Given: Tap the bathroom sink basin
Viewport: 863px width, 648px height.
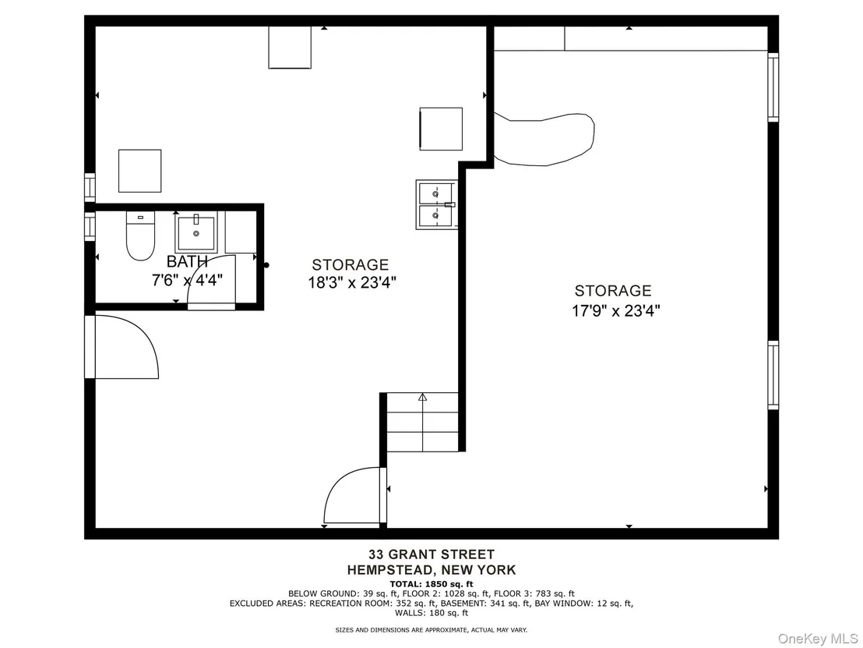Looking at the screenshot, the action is coord(196,234).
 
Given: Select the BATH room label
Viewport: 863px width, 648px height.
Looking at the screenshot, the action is coord(187,261).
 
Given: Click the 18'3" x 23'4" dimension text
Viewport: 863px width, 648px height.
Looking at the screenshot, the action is coord(352,283).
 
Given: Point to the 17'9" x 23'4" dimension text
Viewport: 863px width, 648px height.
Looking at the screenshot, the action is coord(615,311).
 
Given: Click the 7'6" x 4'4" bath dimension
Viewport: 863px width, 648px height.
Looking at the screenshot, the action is coord(187,281).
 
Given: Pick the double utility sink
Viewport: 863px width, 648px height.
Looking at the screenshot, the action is coord(436,204).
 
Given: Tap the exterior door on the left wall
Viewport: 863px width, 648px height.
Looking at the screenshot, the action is coord(122,346).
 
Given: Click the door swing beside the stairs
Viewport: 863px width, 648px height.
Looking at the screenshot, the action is coord(352,496).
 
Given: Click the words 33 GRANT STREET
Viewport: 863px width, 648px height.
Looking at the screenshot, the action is coord(431,554).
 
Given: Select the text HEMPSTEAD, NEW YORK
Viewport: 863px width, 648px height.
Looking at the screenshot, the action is coord(431,570).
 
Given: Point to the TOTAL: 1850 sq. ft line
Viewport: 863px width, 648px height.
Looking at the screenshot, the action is coord(431,584).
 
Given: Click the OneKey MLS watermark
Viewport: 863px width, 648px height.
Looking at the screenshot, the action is coord(818,638).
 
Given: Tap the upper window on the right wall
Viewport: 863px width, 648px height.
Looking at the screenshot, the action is coord(773,87).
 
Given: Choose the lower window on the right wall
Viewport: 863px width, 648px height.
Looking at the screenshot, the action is coord(773,375).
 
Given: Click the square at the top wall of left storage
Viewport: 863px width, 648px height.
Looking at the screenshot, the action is coord(290,48).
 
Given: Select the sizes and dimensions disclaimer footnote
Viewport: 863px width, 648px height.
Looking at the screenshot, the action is coord(431,630).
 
